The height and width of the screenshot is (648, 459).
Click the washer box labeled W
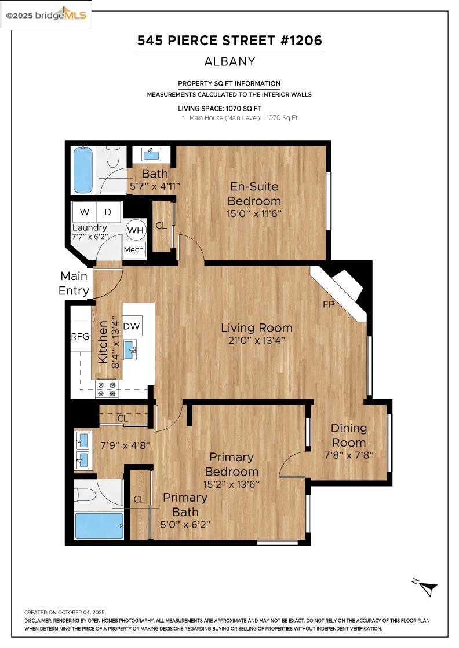tap(84, 212)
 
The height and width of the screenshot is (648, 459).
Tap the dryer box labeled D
tap(109, 212)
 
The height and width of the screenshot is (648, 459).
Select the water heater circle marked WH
tap(135, 230)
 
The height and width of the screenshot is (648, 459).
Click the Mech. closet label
tap(134, 250)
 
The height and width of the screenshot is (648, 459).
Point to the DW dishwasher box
tap(132, 326)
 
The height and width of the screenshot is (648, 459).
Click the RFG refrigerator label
tap(80, 336)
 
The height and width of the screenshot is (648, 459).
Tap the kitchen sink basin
tap(130, 349)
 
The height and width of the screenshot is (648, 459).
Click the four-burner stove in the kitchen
tap(107, 389)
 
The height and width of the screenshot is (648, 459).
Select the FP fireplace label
tap(329, 304)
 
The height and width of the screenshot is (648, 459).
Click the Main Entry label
tap(74, 283)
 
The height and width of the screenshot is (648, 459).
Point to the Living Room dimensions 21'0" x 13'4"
tap(256, 340)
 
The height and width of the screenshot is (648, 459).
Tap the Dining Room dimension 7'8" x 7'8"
tap(349, 455)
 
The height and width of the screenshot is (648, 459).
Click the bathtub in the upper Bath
tap(83, 170)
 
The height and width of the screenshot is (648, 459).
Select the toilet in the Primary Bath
tap(86, 495)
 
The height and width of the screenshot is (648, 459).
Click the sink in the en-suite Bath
tap(151, 154)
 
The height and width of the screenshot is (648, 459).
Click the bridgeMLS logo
tap(46, 15)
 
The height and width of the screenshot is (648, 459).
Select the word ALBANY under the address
tap(230, 61)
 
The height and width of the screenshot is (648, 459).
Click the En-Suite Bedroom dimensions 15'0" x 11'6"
tap(254, 213)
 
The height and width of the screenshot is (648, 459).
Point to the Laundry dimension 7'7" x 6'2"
tap(90, 237)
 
